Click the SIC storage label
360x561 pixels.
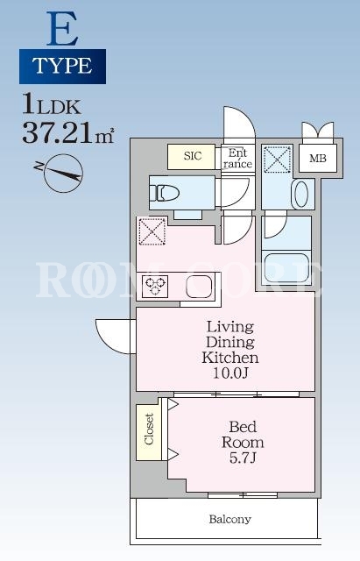click(x=193, y=156)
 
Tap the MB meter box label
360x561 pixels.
click(x=318, y=158)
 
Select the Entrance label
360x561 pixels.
click(x=237, y=159)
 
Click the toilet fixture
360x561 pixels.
click(x=164, y=193)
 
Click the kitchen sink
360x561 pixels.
click(x=199, y=287)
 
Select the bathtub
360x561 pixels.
click(x=287, y=267)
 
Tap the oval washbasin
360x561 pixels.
click(x=301, y=195)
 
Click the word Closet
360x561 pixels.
click(x=149, y=429)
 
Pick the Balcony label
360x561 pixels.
click(x=229, y=519)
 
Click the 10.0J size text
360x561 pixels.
click(x=230, y=373)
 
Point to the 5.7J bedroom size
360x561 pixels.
click(x=243, y=458)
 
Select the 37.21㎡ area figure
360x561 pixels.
click(x=68, y=133)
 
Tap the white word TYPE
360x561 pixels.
click(x=62, y=66)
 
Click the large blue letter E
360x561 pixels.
click(x=62, y=29)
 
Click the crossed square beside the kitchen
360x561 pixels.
click(x=152, y=231)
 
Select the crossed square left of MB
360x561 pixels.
click(x=277, y=160)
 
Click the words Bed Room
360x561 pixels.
click(x=243, y=435)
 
